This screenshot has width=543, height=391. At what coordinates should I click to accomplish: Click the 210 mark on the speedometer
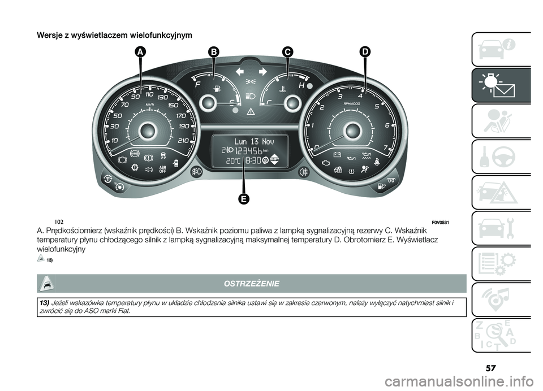[182, 140]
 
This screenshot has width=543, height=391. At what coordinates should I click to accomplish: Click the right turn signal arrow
[262, 71]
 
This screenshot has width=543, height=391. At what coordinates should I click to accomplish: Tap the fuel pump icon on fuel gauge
[215, 89]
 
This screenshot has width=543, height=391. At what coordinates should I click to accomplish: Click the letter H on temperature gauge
[301, 84]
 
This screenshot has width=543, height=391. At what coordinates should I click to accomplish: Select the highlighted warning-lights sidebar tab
[500, 85]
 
